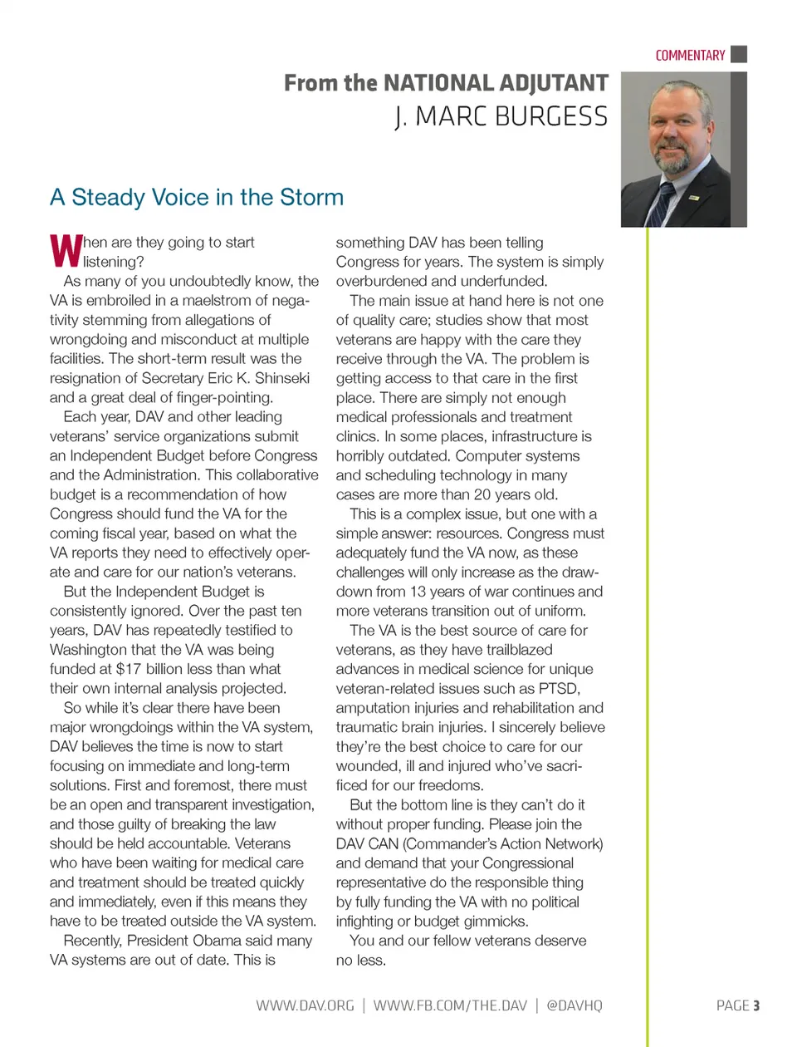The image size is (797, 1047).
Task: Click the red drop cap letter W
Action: (x=66, y=250)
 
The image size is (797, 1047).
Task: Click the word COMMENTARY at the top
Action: (x=690, y=56)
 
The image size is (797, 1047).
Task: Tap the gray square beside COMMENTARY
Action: (x=739, y=54)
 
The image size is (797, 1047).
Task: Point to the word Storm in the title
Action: (x=311, y=198)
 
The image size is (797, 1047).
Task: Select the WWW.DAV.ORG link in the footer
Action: (x=305, y=1005)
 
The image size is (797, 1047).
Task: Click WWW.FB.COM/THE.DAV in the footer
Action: (x=450, y=1005)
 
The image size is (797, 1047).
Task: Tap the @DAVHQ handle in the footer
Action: (x=575, y=1005)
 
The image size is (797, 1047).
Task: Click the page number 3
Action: (x=756, y=1005)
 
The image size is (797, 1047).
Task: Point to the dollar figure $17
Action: (x=129, y=669)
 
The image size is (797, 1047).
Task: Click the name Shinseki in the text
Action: (x=281, y=378)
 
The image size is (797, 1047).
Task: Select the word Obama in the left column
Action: (x=222, y=941)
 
